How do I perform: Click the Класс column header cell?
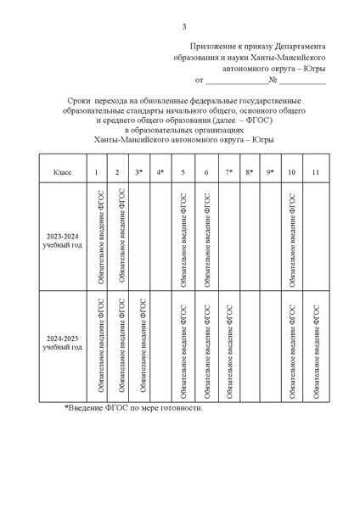point(63,172)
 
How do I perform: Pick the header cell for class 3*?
point(139,172)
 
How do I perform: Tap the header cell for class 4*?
point(160,172)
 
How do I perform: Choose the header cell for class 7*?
point(228,172)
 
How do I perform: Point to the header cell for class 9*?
point(271,172)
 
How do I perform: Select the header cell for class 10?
point(293,172)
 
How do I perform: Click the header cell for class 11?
point(316,172)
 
